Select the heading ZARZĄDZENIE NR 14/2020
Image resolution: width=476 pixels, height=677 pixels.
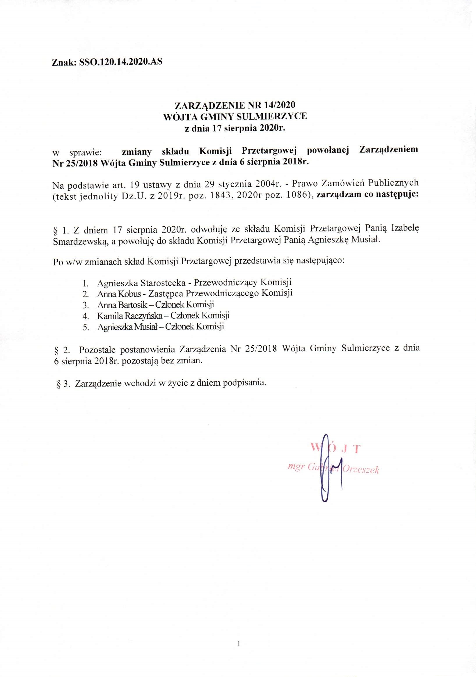pyautogui.click(x=235, y=105)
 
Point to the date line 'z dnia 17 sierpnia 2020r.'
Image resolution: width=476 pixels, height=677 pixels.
pyautogui.click(x=235, y=128)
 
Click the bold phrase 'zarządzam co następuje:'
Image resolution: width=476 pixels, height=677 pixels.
pyautogui.click(x=367, y=195)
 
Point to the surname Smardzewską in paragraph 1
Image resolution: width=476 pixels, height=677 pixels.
pyautogui.click(x=77, y=240)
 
